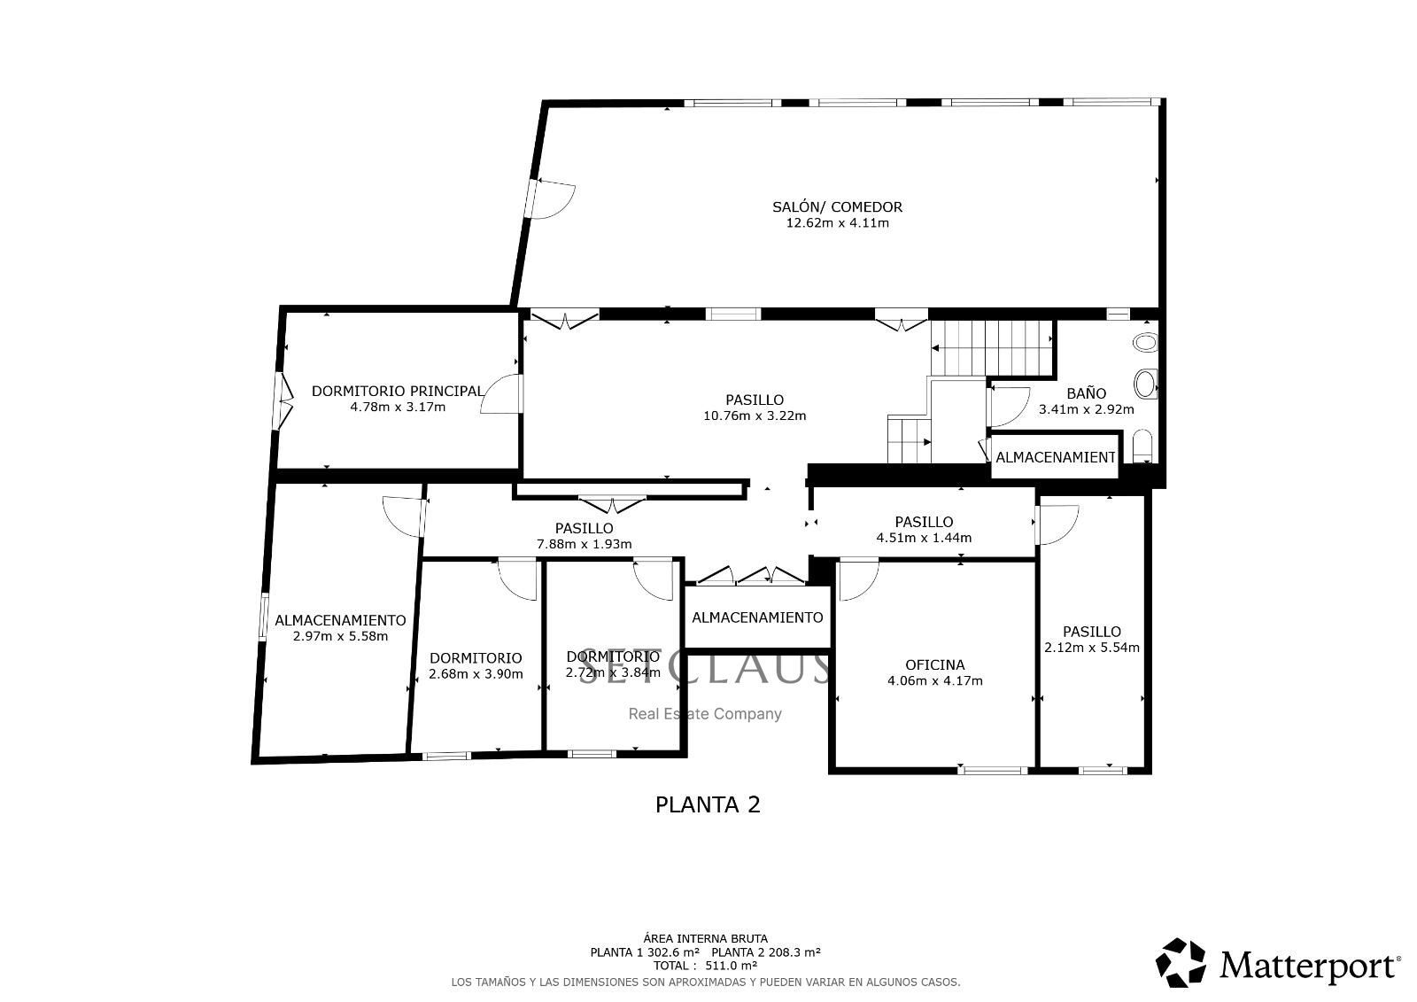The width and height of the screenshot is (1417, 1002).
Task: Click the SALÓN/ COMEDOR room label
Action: [x=837, y=207]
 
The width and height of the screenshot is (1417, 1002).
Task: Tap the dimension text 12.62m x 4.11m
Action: [x=837, y=222]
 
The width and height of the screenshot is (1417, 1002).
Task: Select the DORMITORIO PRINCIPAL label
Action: [x=398, y=392]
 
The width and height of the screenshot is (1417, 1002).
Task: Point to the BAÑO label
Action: [x=1086, y=393]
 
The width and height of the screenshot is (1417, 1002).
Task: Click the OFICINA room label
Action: [x=935, y=664]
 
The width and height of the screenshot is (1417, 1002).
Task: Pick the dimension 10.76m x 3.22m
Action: [x=755, y=416]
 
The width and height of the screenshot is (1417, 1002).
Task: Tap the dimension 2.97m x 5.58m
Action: [x=340, y=636]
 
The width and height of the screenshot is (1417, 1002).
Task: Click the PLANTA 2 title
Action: [x=708, y=804]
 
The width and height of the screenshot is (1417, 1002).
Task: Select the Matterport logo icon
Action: [x=1181, y=963]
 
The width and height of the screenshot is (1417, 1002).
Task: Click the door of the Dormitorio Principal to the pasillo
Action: [x=501, y=393]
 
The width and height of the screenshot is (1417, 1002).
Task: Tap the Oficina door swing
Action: [x=857, y=579]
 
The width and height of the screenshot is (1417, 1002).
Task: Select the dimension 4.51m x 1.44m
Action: [x=924, y=538]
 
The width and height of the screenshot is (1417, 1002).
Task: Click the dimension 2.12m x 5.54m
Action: [x=1092, y=648]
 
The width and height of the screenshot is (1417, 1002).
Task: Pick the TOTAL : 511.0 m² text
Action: [x=705, y=966]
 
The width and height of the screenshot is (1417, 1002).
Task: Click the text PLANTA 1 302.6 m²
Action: [x=645, y=952]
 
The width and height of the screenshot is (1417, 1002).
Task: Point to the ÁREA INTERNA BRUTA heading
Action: [x=705, y=939]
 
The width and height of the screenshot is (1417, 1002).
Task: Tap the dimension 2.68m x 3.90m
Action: [x=476, y=674]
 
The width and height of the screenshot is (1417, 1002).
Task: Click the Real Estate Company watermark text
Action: [x=705, y=714]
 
